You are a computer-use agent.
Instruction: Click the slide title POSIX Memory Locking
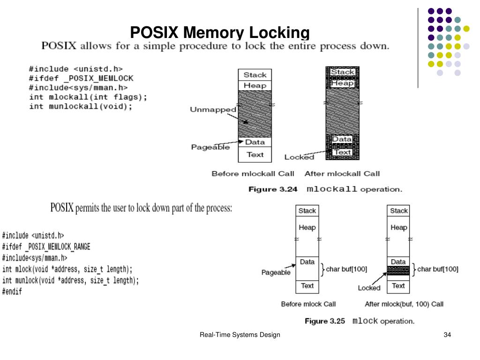coord(220,32)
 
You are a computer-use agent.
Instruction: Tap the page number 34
coord(447,335)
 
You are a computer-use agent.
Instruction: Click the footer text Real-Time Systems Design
coord(240,335)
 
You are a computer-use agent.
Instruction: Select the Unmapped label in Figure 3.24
coord(213,110)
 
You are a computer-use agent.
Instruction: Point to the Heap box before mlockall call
coord(255,85)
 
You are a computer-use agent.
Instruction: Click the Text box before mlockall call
coord(255,154)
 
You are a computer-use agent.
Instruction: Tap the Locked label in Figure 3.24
coord(299,157)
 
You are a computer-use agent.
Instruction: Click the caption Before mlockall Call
coord(253,174)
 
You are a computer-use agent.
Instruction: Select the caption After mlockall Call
coord(342,174)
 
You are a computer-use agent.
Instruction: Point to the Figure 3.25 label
coord(324,322)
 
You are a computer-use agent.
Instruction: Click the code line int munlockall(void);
coord(81,106)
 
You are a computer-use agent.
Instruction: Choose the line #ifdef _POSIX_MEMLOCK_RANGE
coord(46,247)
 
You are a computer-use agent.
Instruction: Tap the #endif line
coord(12,291)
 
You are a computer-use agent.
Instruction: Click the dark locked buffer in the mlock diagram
coord(398,270)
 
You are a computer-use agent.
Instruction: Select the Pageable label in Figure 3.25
coord(276,272)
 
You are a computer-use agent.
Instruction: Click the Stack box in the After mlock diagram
coord(398,211)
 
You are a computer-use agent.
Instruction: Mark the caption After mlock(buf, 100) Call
coord(404,304)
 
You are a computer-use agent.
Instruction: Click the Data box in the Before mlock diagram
coord(307,262)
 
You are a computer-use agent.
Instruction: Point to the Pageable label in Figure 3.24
coord(210,147)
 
